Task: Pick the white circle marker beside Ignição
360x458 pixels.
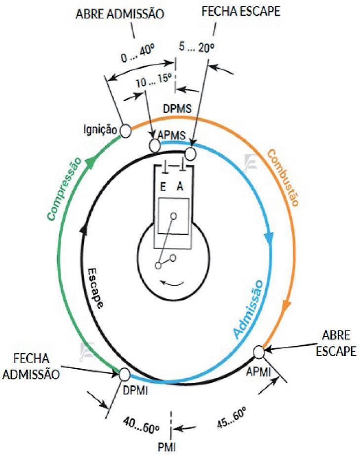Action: tap(125, 130)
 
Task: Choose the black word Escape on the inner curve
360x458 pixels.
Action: tap(97, 288)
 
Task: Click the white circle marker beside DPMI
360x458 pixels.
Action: tap(124, 374)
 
